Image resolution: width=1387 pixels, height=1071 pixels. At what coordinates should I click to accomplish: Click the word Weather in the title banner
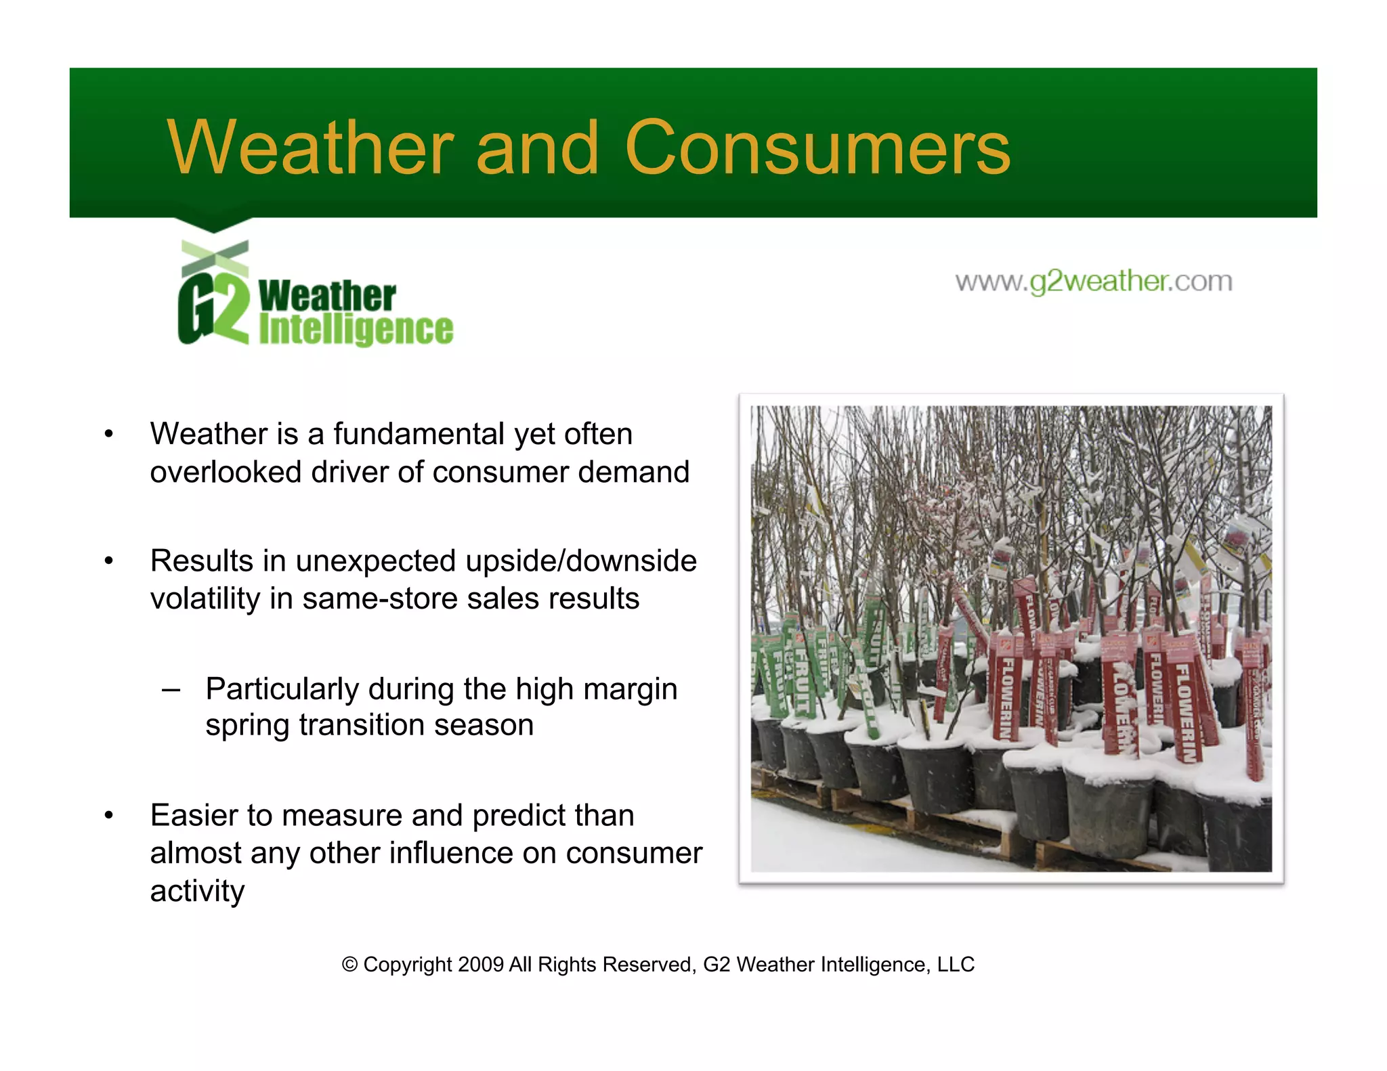coord(310,148)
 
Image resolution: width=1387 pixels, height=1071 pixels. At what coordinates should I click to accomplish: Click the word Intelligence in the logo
coord(356,330)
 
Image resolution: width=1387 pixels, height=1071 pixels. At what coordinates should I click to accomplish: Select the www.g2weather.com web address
coord(1093,281)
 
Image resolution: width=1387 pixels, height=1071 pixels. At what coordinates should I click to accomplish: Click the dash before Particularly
coord(171,690)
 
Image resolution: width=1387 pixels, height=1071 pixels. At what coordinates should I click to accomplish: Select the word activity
coord(197,891)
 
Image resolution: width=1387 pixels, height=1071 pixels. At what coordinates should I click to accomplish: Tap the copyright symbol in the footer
coord(349,964)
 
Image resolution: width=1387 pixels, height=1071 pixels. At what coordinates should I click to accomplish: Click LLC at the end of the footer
coord(955,964)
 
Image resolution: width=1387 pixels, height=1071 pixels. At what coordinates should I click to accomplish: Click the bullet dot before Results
coord(108,561)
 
